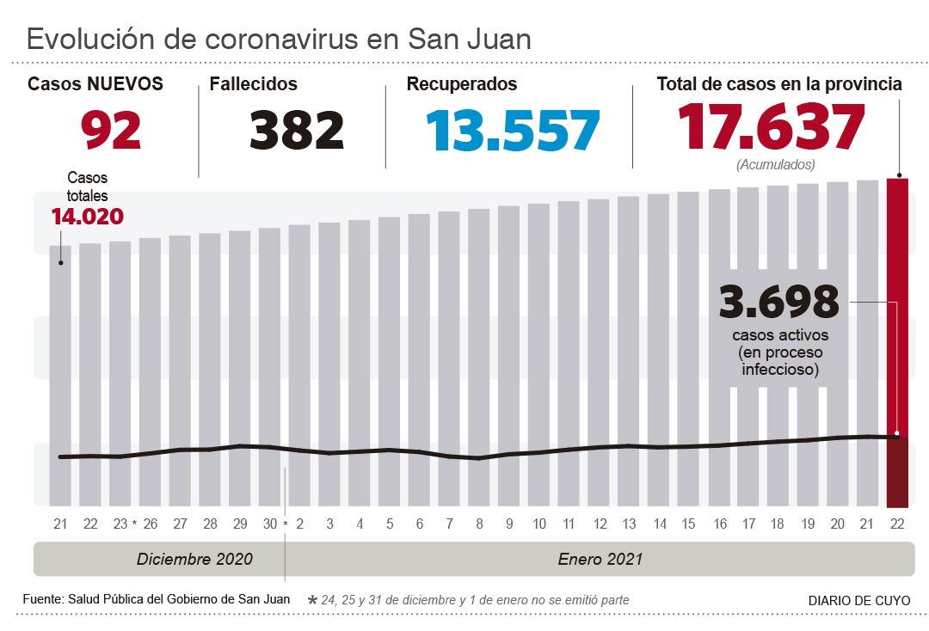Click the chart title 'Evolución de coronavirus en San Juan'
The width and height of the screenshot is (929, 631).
pos(279,39)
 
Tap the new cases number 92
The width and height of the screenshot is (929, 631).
pos(111,130)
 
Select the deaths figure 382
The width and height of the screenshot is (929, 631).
pos(297,130)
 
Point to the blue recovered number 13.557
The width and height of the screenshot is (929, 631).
pos(513,130)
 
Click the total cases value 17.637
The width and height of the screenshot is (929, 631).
pos(771,127)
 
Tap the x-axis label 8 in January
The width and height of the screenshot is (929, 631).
pos(479,524)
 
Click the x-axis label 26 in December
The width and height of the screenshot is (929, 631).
pos(150,524)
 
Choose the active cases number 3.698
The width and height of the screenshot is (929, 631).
pos(779,301)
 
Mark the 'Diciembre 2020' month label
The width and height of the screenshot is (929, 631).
pos(194,559)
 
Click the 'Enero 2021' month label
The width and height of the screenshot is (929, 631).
pos(600,559)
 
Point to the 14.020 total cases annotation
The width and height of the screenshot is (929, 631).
pos(87,217)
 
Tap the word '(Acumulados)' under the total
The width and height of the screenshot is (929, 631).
pos(775,164)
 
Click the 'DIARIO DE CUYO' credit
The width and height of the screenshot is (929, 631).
pos(858,601)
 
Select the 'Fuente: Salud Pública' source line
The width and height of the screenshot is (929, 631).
pos(156,599)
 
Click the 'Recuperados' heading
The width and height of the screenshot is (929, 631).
pos(462,84)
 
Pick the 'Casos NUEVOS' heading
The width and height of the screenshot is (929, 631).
pos(95,84)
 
